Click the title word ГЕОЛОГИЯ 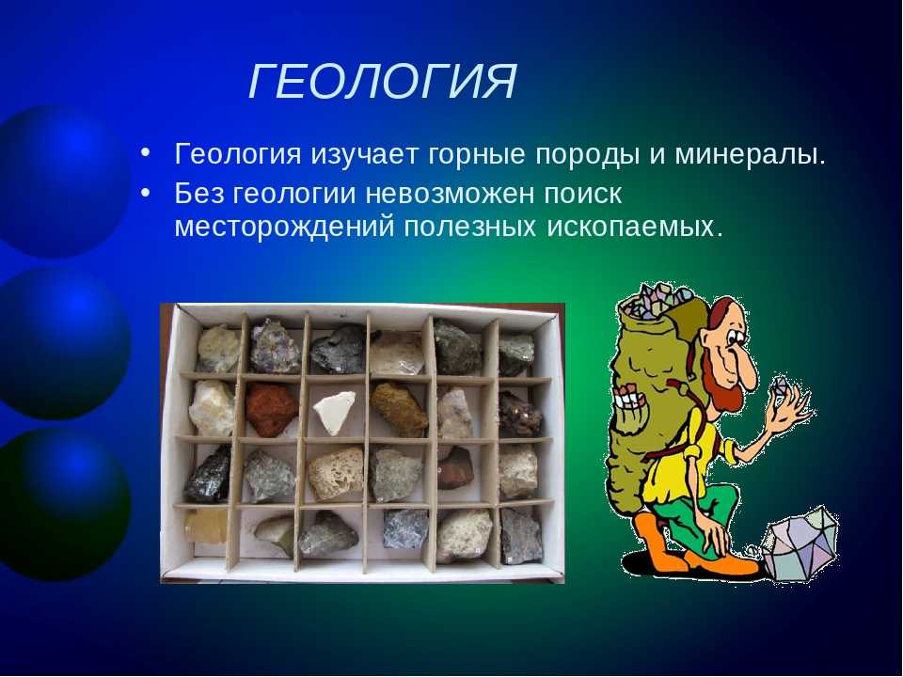pos(383,81)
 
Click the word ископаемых pos(634,227)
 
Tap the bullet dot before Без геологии pos(146,192)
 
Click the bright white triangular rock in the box pos(335,411)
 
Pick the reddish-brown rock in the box pos(271,409)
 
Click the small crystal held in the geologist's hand pos(781,386)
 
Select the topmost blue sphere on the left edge pos(62,181)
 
